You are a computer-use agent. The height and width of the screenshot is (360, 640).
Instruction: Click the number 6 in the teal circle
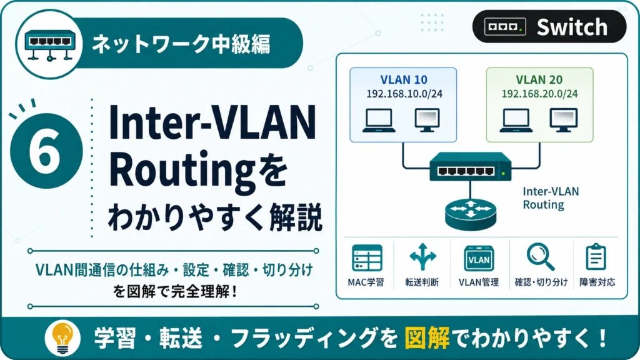44,151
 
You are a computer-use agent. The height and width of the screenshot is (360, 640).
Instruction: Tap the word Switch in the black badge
572,27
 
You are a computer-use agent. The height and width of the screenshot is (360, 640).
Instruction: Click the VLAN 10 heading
404,79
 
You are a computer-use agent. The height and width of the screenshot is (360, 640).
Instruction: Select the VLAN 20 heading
539,79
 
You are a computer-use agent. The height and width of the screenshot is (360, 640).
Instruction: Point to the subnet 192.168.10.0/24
404,94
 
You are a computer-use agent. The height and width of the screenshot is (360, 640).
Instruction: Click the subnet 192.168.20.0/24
539,94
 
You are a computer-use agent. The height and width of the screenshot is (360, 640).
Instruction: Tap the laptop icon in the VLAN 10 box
379,121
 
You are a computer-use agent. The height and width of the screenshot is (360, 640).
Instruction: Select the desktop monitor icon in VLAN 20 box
563,120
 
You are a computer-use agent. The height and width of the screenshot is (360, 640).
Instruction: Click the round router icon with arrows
471,214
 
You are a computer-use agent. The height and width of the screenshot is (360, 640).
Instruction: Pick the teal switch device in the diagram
470,166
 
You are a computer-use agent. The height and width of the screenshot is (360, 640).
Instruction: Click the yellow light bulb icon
62,337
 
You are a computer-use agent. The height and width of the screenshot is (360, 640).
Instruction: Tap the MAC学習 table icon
367,258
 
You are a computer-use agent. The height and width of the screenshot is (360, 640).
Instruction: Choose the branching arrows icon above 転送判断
422,257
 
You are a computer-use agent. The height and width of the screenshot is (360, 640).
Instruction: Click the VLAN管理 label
478,282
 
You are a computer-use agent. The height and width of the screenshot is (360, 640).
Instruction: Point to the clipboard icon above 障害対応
596,257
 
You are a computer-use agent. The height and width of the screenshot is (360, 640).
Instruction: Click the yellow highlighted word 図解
427,338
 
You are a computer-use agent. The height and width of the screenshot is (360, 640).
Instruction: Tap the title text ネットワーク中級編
181,44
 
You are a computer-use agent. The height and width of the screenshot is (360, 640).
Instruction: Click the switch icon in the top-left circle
50,45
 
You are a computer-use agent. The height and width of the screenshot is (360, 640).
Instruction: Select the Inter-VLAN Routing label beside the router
551,198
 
